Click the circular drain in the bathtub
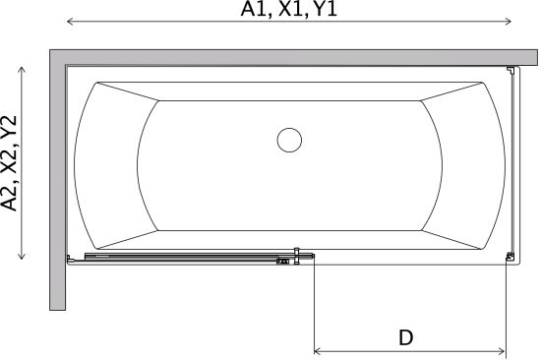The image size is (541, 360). tap(289, 140)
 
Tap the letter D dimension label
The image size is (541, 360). tap(405, 337)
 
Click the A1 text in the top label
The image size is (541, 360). tap(253, 9)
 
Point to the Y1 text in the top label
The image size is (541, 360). tap(325, 9)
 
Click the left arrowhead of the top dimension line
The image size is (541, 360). tap(71, 22)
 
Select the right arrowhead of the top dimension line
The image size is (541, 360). tap(508, 22)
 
